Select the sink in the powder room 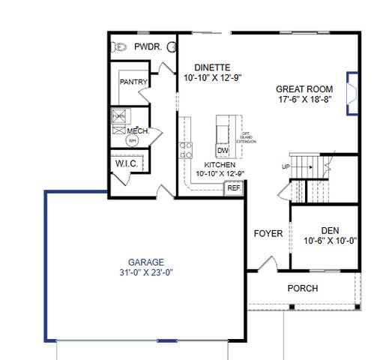point(172,47)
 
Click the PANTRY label point(133,82)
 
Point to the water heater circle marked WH point(132,139)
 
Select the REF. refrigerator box point(234,188)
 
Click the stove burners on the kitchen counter point(185,149)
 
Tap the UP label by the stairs point(286,166)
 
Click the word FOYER point(268,233)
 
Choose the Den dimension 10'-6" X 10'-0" point(329,241)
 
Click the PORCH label point(303,288)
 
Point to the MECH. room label point(138,130)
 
